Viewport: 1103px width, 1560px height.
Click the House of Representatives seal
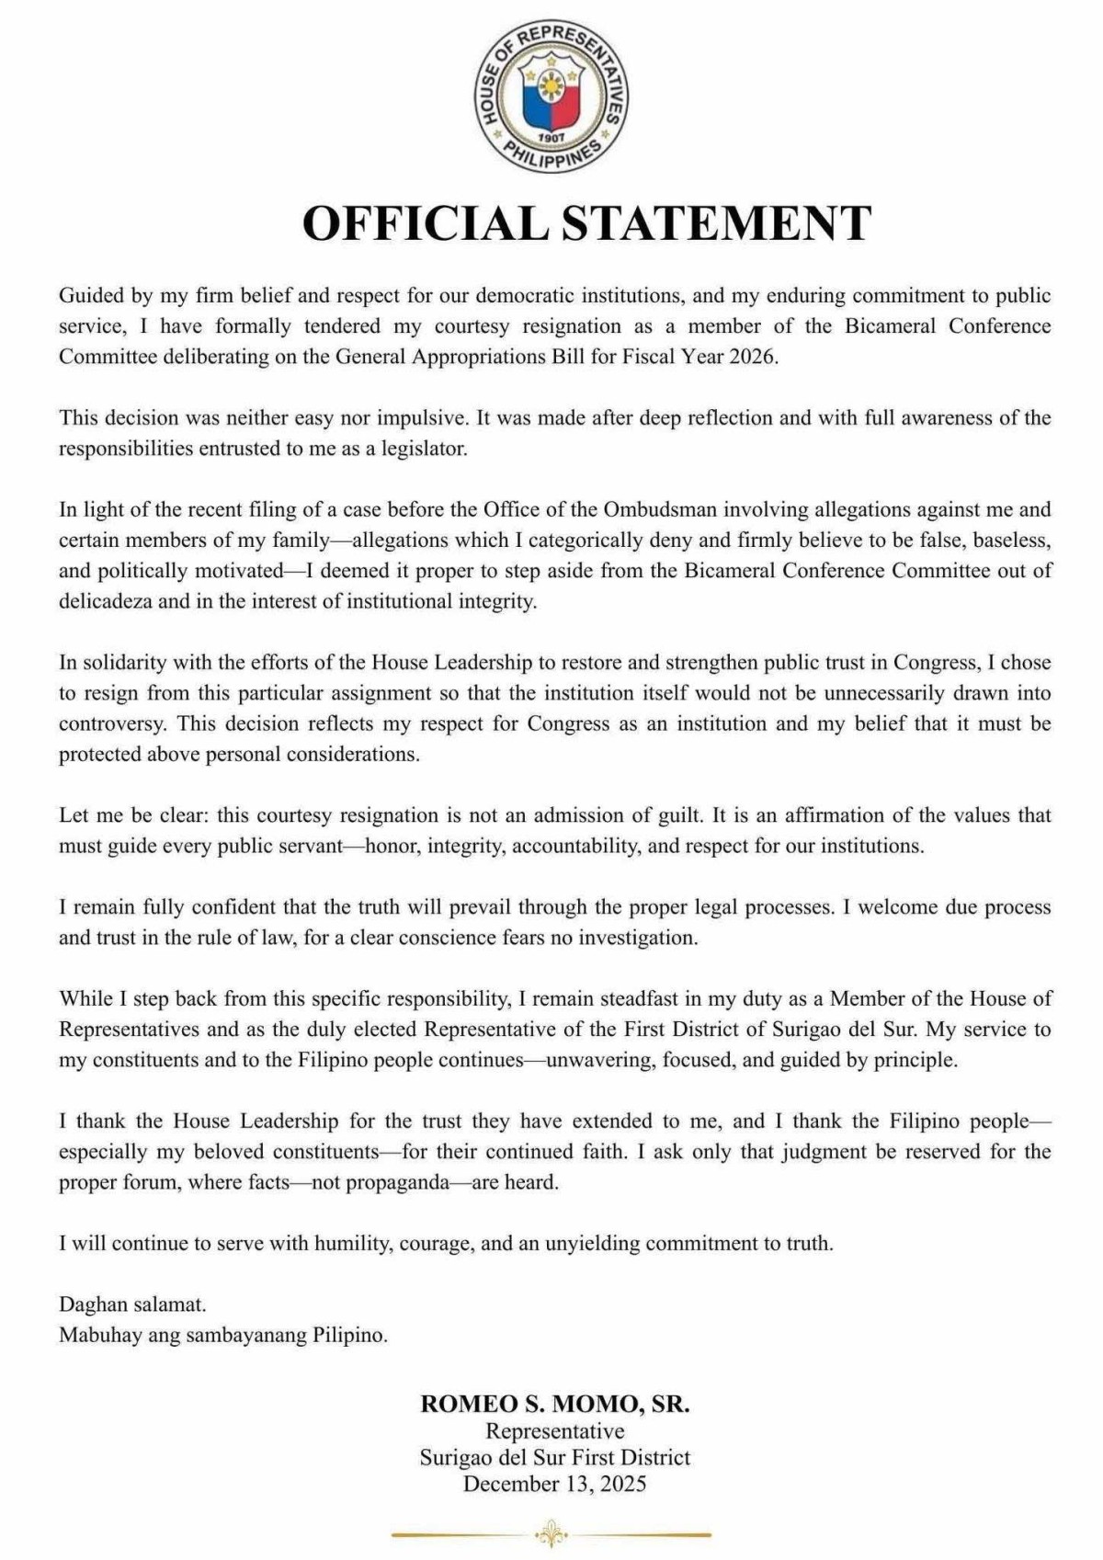click(x=551, y=96)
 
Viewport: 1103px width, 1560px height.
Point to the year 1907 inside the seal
click(x=551, y=136)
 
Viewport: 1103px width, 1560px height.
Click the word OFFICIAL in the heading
click(x=425, y=223)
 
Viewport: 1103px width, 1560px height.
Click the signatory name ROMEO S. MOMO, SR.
click(x=554, y=1404)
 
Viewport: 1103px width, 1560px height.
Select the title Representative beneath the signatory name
click(x=554, y=1431)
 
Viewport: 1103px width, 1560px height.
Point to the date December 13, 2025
click(x=554, y=1484)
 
